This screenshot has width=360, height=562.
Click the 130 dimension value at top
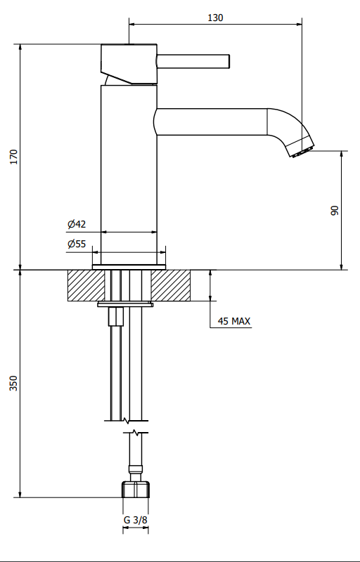click(215, 18)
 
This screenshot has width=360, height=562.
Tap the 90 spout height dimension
click(335, 210)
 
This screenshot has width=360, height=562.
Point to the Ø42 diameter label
click(77, 224)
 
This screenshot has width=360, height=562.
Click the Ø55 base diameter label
click(77, 244)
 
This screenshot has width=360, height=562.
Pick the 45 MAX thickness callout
click(234, 321)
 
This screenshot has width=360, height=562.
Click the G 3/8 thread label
click(136, 520)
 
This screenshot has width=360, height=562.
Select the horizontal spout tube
click(211, 122)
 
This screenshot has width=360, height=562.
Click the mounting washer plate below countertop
click(125, 304)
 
